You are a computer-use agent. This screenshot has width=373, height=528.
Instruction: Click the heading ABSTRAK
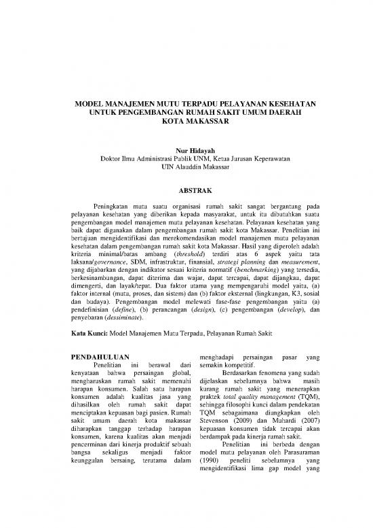click(x=186, y=192)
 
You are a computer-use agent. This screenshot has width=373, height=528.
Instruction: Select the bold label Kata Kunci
click(x=90, y=334)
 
